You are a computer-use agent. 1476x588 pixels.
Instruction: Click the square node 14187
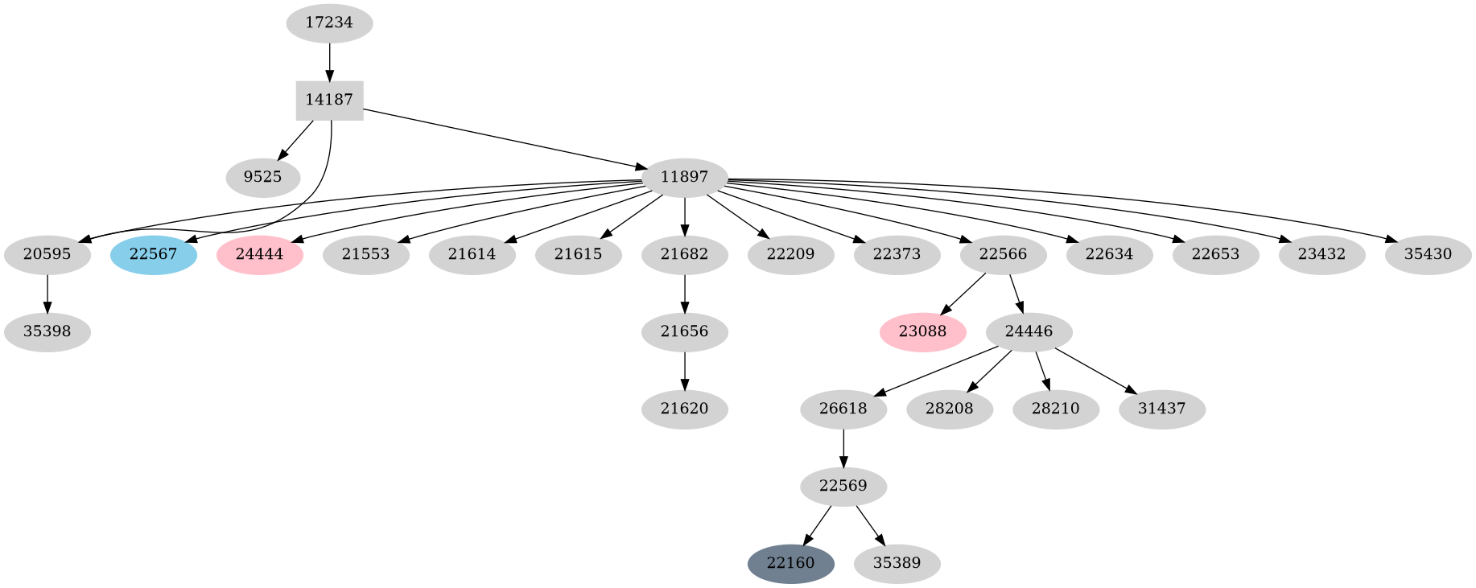329,101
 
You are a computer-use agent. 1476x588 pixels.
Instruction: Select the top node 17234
329,23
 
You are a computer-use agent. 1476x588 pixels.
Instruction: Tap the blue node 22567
153,255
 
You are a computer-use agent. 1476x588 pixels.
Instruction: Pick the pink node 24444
259,255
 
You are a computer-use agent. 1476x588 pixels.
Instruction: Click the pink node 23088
922,332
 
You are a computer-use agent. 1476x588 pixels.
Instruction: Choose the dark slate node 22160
790,563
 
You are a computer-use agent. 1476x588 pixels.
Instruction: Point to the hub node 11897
684,178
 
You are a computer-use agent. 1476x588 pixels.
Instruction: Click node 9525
262,178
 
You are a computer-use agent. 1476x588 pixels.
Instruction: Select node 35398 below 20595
47,332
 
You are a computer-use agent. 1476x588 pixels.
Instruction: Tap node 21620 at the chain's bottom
684,409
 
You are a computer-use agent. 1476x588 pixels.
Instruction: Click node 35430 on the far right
1428,255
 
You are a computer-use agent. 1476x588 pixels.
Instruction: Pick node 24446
1029,332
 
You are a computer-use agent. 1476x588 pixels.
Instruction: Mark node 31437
1161,409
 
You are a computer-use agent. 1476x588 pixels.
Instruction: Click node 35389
897,563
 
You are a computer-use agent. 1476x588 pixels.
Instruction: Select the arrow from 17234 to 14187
329,62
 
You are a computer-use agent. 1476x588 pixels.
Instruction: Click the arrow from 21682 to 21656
684,294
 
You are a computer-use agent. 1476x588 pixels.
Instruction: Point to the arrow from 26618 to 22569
843,448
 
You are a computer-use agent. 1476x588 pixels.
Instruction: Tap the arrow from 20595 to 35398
47,294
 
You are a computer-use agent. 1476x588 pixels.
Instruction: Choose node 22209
790,255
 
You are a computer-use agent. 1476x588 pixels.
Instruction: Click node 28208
949,409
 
